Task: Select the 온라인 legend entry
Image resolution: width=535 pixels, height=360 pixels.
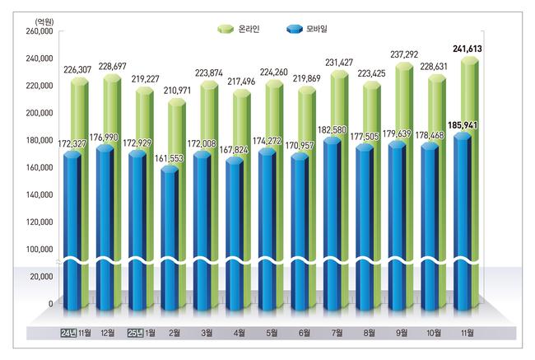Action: [240, 30]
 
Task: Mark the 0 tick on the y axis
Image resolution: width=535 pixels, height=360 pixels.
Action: [50, 303]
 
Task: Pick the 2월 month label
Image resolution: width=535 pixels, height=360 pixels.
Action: [175, 334]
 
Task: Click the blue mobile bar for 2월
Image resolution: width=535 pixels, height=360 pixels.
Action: [169, 231]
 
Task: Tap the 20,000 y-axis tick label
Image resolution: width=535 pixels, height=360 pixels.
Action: [40, 277]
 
